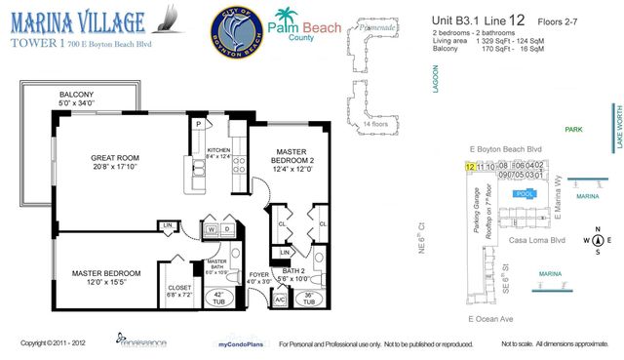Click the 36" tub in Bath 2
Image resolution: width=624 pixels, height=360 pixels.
(x=307, y=299)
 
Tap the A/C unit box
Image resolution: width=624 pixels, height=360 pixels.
(x=281, y=300)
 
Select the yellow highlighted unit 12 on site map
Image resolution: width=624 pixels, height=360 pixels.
(x=471, y=167)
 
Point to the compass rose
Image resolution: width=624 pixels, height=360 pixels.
(x=598, y=239)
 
